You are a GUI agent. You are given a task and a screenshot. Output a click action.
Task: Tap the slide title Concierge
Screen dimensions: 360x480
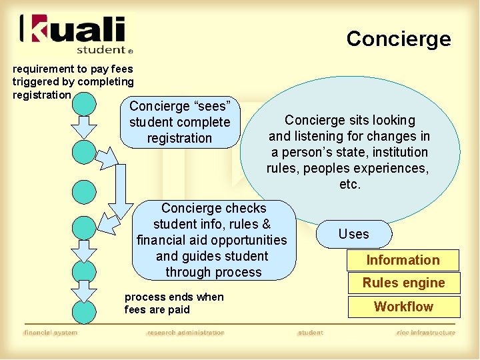398,39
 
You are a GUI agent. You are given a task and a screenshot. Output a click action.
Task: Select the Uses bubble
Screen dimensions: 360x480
353,234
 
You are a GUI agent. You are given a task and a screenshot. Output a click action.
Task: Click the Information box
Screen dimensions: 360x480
403,260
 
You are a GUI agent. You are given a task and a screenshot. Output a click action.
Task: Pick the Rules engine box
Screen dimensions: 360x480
403,283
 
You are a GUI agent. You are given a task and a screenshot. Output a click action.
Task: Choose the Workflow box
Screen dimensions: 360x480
403,307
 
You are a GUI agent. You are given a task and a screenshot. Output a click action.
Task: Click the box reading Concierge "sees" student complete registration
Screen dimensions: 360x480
179,122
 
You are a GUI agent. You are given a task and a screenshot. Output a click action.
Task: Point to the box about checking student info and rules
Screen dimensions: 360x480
213,240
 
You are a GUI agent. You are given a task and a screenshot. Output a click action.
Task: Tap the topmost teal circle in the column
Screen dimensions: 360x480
84,103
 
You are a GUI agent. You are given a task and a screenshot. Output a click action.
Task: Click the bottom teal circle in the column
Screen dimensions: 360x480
84,312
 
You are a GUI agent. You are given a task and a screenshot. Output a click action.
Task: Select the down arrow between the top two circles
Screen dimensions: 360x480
84,126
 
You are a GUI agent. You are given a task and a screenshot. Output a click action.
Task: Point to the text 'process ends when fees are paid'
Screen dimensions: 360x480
174,303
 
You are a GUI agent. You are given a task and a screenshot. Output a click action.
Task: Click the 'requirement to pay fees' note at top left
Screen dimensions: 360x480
73,81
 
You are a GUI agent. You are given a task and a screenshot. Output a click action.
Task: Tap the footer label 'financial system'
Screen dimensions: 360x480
51,333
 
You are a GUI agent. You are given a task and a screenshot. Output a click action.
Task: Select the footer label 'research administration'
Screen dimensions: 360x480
186,333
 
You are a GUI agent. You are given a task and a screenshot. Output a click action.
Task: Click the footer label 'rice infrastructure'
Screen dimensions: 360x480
426,333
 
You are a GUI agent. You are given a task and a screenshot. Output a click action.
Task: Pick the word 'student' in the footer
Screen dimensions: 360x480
310,333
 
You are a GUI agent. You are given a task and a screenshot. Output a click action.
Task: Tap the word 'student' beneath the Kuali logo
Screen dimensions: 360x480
101,49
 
